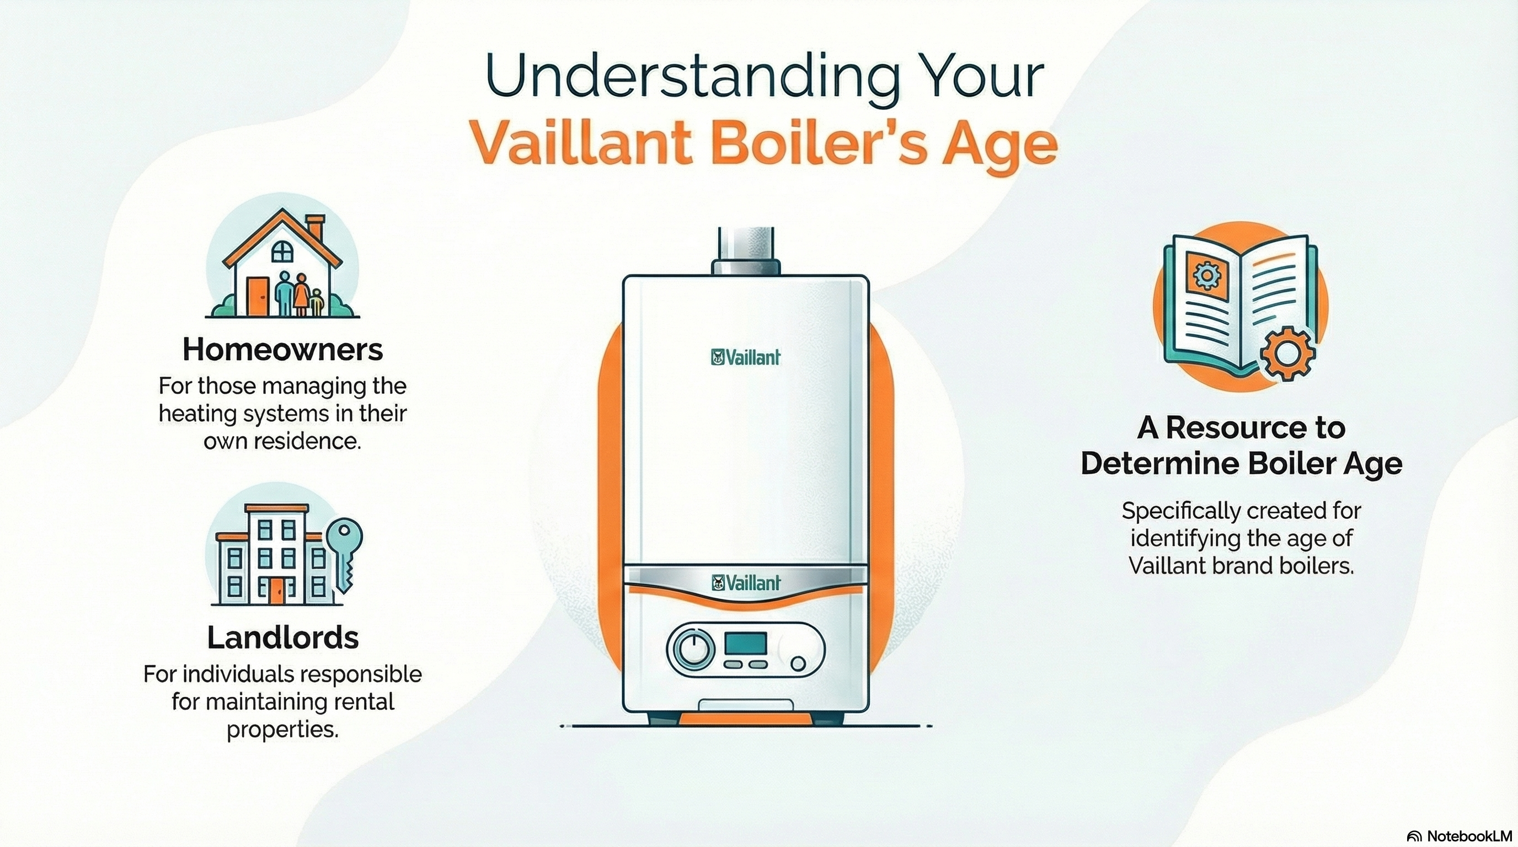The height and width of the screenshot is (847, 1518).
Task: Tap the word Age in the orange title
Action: click(999, 146)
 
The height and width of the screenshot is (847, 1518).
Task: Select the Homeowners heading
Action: click(283, 349)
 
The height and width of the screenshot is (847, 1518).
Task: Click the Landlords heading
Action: click(283, 637)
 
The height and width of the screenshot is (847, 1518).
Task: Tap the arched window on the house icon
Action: click(282, 251)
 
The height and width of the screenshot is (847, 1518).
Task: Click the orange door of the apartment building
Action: click(276, 590)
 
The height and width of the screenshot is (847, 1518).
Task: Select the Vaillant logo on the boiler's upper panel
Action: click(746, 357)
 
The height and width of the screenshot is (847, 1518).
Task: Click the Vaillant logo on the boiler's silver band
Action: click(746, 583)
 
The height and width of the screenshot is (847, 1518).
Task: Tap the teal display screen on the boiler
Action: click(745, 643)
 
